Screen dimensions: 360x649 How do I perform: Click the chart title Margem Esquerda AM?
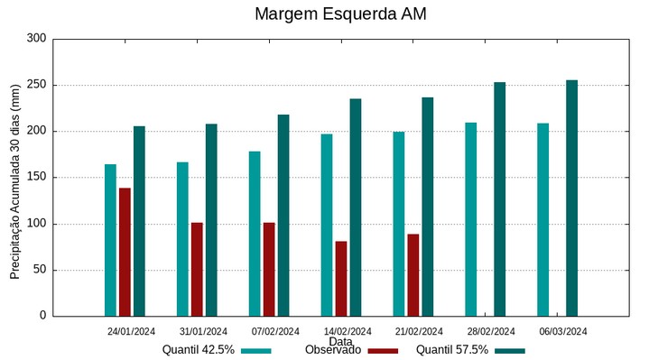click(340, 14)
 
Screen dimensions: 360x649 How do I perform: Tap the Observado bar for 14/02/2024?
click(341, 278)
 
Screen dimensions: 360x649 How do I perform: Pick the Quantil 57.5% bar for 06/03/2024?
click(571, 198)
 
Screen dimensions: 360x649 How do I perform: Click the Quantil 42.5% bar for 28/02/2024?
click(471, 219)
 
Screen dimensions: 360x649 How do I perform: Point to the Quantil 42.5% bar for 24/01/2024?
click(110, 240)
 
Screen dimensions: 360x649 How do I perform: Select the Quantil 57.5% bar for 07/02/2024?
click(283, 215)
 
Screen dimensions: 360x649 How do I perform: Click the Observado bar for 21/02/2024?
click(413, 274)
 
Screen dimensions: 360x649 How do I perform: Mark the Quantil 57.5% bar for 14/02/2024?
click(356, 207)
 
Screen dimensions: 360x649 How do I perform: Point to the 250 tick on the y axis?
click(36, 86)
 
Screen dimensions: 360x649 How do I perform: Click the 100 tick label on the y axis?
click(36, 224)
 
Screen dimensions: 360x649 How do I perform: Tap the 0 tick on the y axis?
click(42, 316)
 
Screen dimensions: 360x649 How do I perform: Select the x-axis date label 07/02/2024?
click(275, 331)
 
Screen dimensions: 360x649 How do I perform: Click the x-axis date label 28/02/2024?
click(492, 331)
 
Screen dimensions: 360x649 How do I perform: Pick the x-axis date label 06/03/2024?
click(564, 331)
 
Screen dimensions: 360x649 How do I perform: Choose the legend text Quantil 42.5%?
click(199, 350)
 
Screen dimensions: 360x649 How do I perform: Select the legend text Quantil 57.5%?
click(452, 350)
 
